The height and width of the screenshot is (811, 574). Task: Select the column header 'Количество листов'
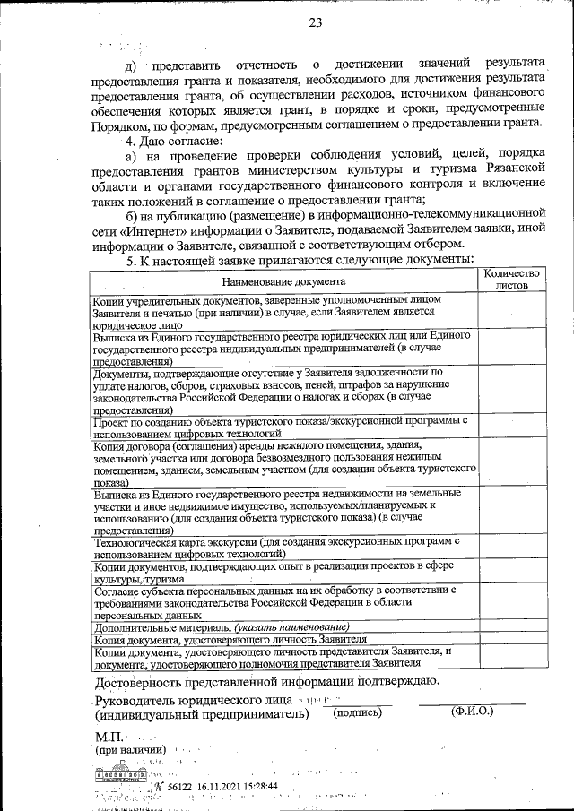(x=511, y=279)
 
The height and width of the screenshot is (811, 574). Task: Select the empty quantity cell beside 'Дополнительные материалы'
(x=510, y=627)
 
